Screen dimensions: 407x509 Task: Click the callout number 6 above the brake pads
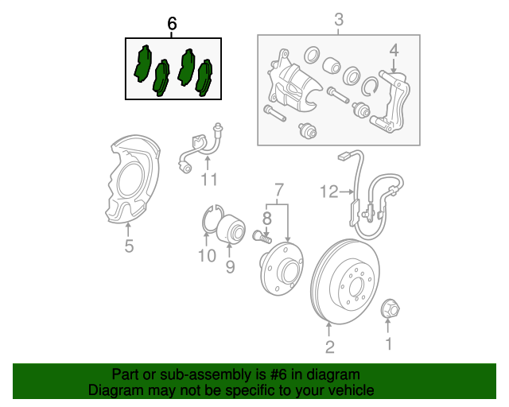click(x=173, y=24)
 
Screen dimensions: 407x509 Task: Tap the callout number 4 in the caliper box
click(x=393, y=52)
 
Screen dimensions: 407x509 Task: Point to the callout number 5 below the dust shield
click(x=129, y=246)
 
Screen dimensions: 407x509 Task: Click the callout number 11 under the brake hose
click(x=208, y=180)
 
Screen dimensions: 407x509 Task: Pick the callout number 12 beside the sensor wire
click(x=329, y=191)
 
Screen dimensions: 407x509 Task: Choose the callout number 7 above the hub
click(x=278, y=189)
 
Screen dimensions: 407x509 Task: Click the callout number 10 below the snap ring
click(x=207, y=255)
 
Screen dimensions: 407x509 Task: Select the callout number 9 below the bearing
click(x=230, y=267)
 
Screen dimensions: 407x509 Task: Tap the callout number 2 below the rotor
click(x=329, y=346)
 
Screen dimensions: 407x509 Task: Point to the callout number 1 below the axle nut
click(x=389, y=343)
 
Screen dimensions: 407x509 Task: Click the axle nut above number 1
click(x=390, y=307)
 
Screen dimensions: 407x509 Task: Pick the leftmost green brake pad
click(x=144, y=64)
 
